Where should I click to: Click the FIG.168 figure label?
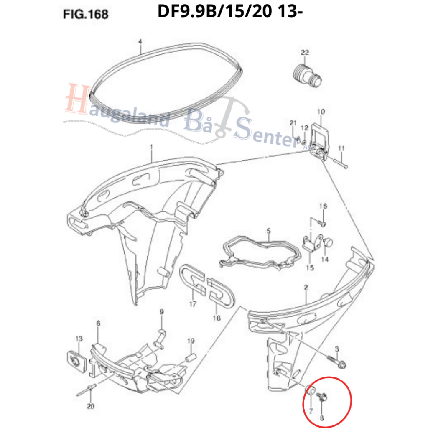[x=85, y=14]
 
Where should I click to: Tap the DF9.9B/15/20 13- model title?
[x=230, y=12]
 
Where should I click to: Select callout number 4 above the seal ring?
[x=140, y=41]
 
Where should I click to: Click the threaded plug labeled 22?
[x=307, y=74]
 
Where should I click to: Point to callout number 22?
[x=305, y=52]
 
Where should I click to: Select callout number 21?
[x=293, y=123]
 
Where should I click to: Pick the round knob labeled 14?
[x=328, y=242]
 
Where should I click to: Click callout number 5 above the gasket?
[x=269, y=231]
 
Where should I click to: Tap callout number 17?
[x=193, y=303]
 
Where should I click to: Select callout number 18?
[x=217, y=318]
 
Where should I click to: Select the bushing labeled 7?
[x=311, y=390]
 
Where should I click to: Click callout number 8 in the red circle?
[x=322, y=418]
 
